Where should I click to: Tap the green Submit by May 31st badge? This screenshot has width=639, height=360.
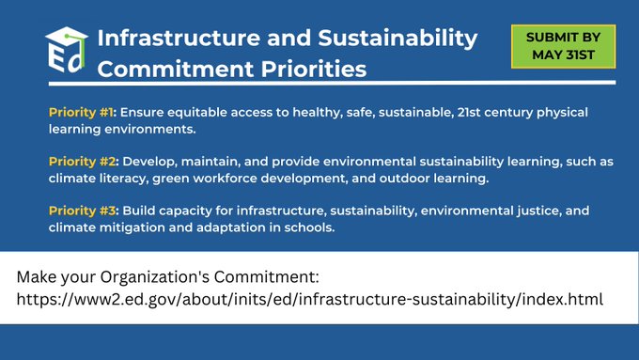(x=563, y=45)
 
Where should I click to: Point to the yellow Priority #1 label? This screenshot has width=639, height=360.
(x=82, y=112)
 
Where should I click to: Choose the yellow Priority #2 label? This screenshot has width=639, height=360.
(x=83, y=161)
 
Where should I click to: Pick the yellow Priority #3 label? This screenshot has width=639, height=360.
(x=83, y=211)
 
